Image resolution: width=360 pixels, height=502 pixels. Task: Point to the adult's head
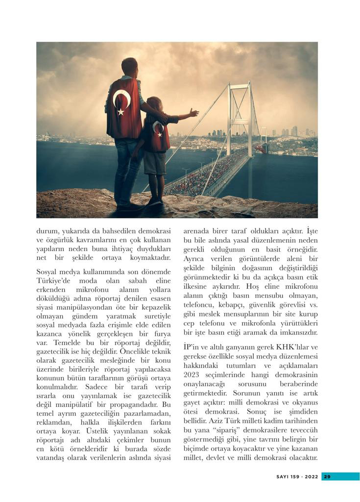tap(130, 67)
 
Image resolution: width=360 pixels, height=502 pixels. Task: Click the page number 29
tap(328, 477)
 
